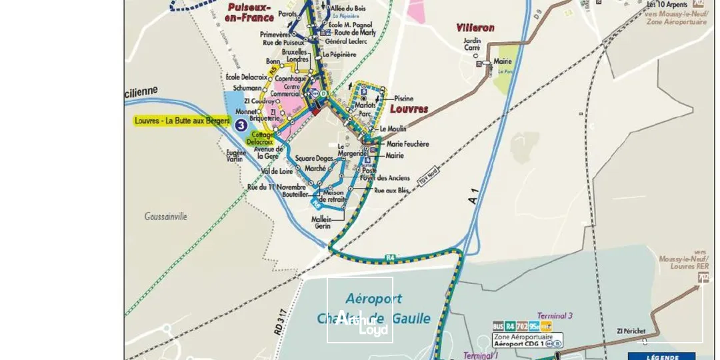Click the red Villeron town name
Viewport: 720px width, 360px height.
475,28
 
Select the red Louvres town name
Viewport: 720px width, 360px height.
409,108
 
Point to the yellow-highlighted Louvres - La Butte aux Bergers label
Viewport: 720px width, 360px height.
182,121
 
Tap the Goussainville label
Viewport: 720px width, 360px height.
166,216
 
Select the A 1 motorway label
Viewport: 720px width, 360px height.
473,197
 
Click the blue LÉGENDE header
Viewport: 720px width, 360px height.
661,357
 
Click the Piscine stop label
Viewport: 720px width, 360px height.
403,98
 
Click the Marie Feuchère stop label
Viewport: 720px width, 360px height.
407,144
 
